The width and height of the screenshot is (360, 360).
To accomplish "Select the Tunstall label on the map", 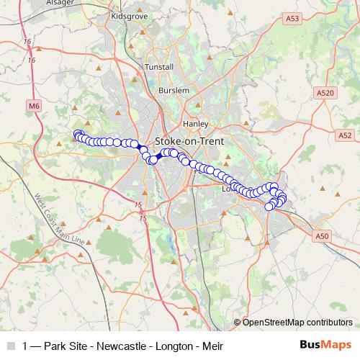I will [x=159, y=66].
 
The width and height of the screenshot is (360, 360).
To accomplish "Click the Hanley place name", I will [x=196, y=123].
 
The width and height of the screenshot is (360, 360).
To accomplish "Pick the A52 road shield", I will [x=345, y=135].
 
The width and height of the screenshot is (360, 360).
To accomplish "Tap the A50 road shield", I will [x=321, y=235].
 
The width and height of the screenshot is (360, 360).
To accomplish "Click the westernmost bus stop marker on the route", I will [x=78, y=134].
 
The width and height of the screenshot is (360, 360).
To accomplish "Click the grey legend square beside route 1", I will [x=10, y=345].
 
